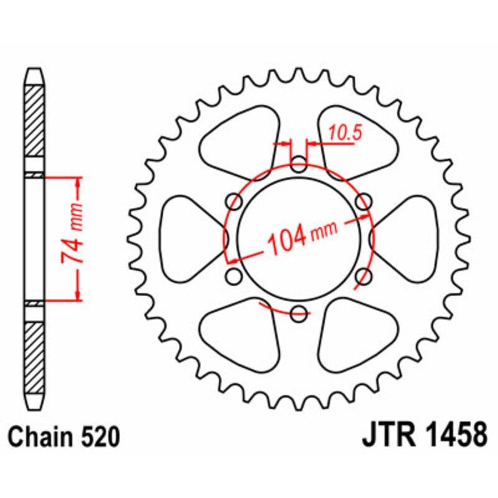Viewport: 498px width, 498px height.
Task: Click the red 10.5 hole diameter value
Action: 341,132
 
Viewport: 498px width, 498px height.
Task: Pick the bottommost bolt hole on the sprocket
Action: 299,313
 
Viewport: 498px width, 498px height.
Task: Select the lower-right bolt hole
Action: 364,276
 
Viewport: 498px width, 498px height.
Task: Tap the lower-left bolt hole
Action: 235,276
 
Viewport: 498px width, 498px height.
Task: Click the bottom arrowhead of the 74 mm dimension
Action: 78,295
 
